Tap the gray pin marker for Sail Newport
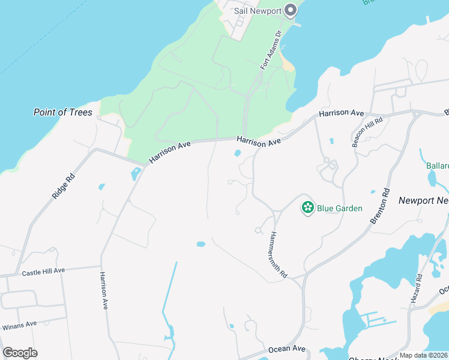pyautogui.click(x=291, y=10)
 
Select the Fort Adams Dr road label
pyautogui.click(x=270, y=52)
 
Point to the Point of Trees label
pyautogui.click(x=63, y=112)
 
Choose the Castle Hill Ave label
pyautogui.click(x=43, y=272)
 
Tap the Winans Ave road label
pyautogui.click(x=20, y=324)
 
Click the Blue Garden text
pyautogui.click(x=340, y=208)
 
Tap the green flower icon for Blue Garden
pyautogui.click(x=308, y=208)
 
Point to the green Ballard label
pyautogui.click(x=437, y=166)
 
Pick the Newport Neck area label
pyautogui.click(x=423, y=200)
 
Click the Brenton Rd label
pyautogui.click(x=380, y=206)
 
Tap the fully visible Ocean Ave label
pyautogui.click(x=287, y=349)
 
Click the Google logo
pyautogui.click(x=20, y=353)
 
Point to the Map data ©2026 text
pyautogui.click(x=424, y=355)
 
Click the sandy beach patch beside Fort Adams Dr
pyautogui.click(x=288, y=63)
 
